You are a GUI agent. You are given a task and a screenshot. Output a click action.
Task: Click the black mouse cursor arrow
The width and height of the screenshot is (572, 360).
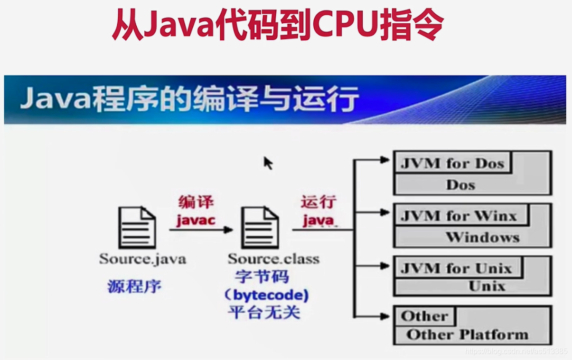coord(268,163)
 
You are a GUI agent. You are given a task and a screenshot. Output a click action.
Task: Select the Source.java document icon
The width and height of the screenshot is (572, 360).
coord(137,227)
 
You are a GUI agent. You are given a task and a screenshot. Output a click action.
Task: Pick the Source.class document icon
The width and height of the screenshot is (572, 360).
coord(260,227)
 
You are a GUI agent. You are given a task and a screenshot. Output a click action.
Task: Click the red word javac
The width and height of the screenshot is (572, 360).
coord(196,220)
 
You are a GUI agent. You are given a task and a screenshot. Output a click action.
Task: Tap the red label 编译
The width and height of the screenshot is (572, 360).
coord(196,203)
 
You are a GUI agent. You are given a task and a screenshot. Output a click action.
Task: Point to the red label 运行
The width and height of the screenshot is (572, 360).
coord(318,203)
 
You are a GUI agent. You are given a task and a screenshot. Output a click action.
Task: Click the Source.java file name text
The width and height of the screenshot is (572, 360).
coord(142,259)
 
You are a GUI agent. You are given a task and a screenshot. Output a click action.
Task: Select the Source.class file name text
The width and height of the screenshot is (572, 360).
coord(273,259)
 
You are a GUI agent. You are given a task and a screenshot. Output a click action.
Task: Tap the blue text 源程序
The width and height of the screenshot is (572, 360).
coord(134,286)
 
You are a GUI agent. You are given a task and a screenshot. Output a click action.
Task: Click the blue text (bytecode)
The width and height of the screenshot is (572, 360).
coord(266,295)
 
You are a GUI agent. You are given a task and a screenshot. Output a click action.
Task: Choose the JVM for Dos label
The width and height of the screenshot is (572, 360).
coord(451,163)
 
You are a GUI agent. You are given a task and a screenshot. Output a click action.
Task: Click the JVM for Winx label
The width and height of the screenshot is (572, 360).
coord(458,216)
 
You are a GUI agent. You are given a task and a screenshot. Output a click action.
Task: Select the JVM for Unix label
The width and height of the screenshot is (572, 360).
coord(456,269)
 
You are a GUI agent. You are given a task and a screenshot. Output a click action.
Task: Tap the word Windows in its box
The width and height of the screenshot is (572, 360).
coord(482,237)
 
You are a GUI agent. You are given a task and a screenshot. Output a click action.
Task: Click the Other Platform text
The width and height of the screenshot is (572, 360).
coord(467,334)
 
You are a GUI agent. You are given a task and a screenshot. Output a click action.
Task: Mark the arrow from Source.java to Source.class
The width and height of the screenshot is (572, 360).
coord(201,230)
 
